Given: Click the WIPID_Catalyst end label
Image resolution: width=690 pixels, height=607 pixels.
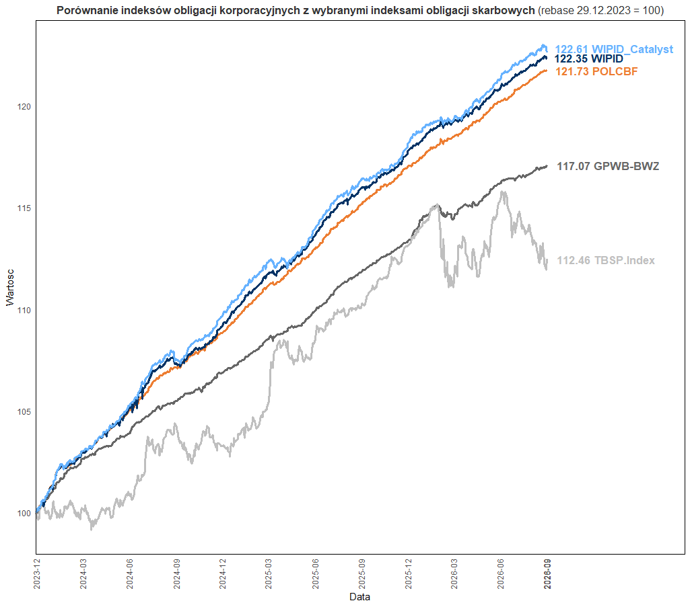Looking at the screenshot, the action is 614,49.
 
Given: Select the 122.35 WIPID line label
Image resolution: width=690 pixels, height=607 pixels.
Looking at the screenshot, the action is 589,59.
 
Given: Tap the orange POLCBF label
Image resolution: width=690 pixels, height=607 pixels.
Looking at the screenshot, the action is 596,72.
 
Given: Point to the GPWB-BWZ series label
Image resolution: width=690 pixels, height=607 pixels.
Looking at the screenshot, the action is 608,166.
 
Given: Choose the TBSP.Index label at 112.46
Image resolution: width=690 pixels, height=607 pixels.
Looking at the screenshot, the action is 606,260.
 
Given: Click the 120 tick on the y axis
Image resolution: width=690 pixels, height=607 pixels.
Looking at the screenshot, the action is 24,107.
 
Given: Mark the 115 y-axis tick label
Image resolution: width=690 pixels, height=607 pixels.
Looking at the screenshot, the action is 24,208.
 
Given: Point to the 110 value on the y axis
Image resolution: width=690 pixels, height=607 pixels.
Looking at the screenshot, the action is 24,311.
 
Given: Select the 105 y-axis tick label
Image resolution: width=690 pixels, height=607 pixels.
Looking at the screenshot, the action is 24,412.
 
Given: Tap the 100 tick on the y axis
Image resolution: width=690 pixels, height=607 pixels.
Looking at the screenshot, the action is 24,514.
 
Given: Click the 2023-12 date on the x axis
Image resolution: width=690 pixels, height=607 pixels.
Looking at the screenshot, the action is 37,573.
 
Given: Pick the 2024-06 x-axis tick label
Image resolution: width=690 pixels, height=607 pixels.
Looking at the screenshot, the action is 130,573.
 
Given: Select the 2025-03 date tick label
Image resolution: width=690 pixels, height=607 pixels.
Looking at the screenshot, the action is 269,573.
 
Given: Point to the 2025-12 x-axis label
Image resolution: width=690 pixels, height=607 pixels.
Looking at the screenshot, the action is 409,573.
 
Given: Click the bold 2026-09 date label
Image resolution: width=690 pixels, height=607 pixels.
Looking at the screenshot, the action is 547,573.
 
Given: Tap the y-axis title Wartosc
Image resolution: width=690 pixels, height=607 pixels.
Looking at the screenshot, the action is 10,288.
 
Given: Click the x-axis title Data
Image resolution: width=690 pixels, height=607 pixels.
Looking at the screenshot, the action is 359,597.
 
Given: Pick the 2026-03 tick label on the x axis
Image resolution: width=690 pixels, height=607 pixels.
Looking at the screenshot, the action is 454,573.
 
